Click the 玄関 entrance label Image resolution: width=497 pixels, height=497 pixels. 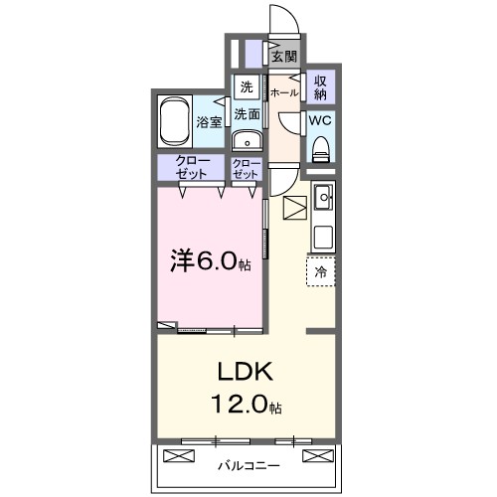(x=284, y=57)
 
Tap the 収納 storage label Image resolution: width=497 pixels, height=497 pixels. (x=321, y=86)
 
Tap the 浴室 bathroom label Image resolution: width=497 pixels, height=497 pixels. (x=209, y=124)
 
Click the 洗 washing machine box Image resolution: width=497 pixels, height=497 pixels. (x=246, y=86)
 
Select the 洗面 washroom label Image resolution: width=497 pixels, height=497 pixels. (x=247, y=114)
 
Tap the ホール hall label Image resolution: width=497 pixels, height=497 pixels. (x=284, y=92)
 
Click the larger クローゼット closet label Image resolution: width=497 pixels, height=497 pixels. (x=193, y=168)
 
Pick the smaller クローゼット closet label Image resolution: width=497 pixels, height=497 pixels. (x=246, y=168)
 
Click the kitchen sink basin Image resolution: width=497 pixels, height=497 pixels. (x=324, y=199)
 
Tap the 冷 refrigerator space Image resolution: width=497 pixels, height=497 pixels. (x=321, y=269)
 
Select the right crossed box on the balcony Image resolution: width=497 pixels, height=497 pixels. (x=316, y=457)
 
